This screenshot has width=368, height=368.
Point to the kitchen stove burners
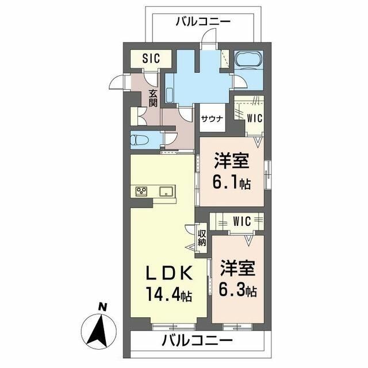(x=141, y=192)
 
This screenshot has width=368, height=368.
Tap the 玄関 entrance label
(x=153, y=99)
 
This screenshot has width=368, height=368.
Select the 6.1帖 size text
(x=232, y=183)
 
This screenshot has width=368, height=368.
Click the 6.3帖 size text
(x=236, y=291)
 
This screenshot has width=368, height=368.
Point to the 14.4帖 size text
(x=169, y=295)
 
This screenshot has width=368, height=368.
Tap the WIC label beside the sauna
(x=254, y=118)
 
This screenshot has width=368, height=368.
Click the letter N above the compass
(x=102, y=307)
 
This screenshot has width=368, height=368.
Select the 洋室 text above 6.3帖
(x=236, y=268)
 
